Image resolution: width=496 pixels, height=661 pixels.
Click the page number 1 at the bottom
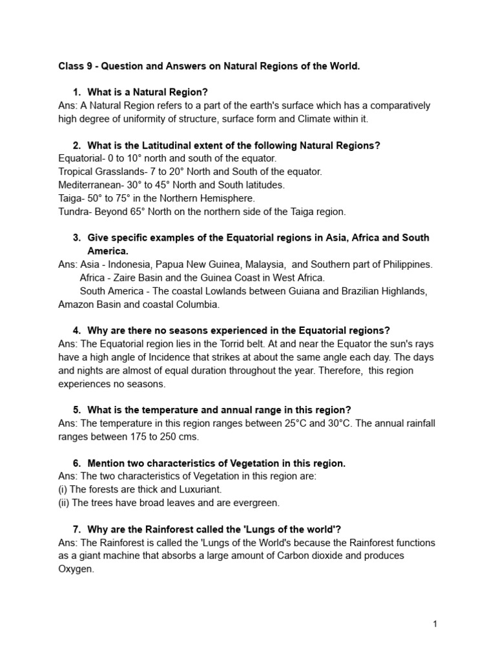pos(436,624)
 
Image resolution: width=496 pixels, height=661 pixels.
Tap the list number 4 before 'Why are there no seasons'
pos(77,330)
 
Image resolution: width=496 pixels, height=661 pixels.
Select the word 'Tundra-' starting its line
pos(76,211)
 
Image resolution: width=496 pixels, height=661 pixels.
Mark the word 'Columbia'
pos(199,304)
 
